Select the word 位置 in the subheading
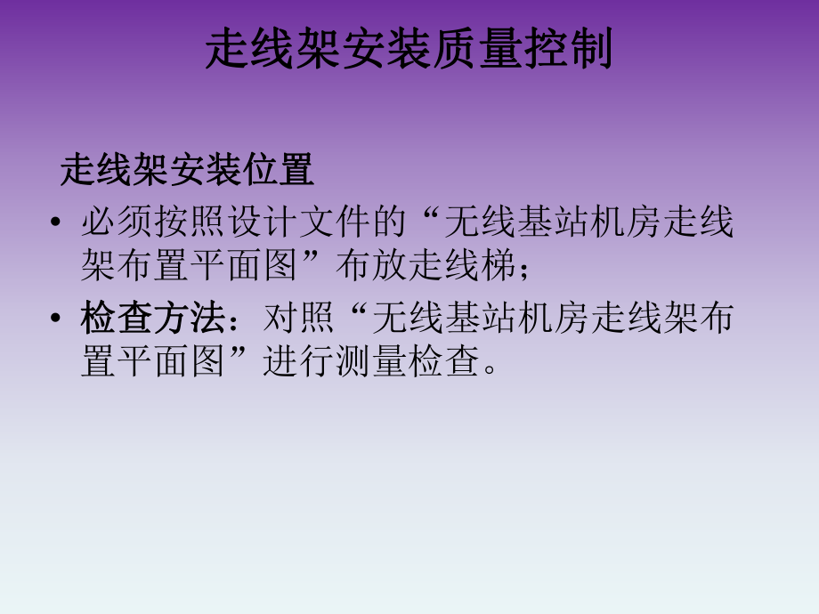[x=277, y=169]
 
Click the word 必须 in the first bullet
[x=117, y=222]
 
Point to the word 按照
[x=190, y=222]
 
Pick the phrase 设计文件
[x=298, y=222]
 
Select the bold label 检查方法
[x=153, y=318]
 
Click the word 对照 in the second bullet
[x=300, y=318]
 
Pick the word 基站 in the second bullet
[x=481, y=318]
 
